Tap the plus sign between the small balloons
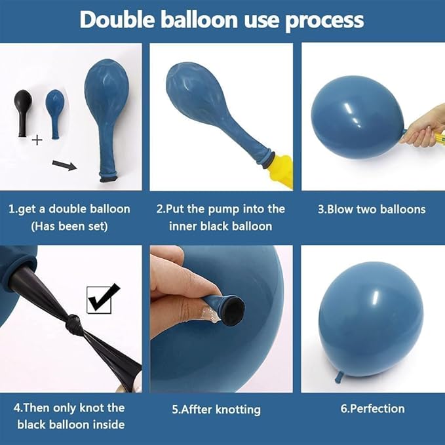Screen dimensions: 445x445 click(x=37, y=139)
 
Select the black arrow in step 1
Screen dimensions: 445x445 click(x=64, y=163)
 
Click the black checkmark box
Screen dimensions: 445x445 click(x=104, y=298)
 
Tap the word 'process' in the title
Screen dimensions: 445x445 click(x=324, y=21)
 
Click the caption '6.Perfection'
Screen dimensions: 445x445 click(x=372, y=408)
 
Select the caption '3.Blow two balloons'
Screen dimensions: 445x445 click(x=372, y=210)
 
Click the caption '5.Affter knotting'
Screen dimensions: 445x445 click(x=216, y=410)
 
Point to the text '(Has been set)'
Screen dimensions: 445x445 click(x=69, y=225)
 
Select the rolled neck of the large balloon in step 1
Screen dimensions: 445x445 click(x=108, y=175)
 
